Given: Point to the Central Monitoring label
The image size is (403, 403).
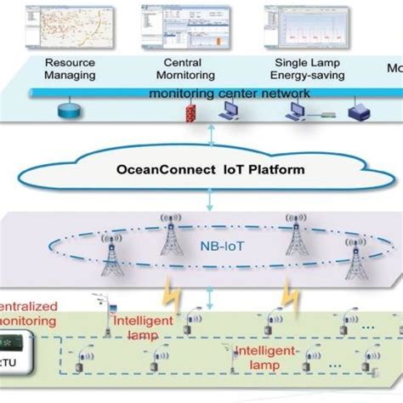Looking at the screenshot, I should (190, 68).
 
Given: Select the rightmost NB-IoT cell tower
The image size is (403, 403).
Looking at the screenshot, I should (356, 258).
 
